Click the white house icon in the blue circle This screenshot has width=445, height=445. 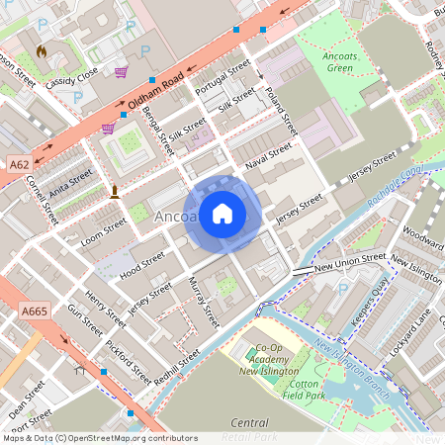[x=222, y=214]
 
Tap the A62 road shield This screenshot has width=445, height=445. [x=18, y=163]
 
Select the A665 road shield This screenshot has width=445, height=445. [x=32, y=311]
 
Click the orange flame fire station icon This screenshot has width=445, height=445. [x=41, y=49]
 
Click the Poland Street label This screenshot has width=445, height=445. [x=280, y=112]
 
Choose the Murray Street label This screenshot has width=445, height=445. [x=204, y=304]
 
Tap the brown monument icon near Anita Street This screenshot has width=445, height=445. [x=115, y=190]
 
